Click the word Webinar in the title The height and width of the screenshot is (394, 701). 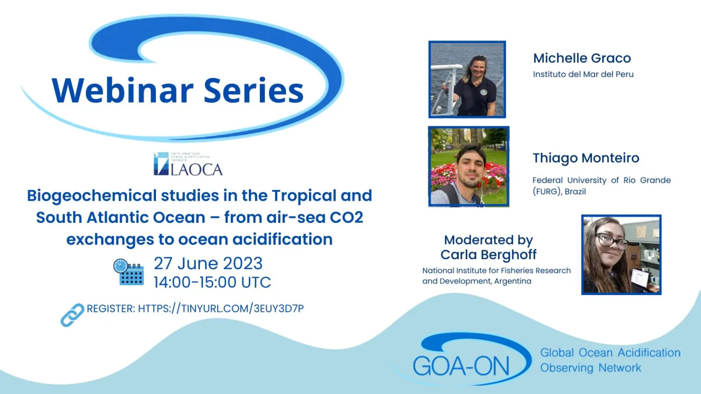[x=123, y=91]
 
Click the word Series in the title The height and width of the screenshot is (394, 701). [x=254, y=91]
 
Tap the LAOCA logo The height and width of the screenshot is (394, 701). [x=188, y=164]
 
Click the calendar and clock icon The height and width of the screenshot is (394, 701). [x=129, y=272]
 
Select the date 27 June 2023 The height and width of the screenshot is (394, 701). [x=208, y=263]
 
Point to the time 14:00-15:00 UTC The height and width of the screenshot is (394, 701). [x=212, y=282]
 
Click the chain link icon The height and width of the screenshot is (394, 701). [x=72, y=315]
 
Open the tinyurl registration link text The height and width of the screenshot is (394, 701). [x=221, y=309]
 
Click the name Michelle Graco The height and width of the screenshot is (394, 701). [x=582, y=58]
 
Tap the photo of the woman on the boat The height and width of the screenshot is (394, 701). [x=467, y=80]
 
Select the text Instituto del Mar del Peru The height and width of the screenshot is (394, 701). [x=583, y=74]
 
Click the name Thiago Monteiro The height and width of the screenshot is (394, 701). [x=586, y=158]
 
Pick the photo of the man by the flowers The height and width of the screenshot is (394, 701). [x=469, y=166]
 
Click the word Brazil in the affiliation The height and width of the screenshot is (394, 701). [x=575, y=192]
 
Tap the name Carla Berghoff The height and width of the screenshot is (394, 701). [x=489, y=255]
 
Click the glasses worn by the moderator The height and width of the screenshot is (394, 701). [x=611, y=241]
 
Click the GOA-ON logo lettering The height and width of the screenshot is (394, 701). [x=461, y=367]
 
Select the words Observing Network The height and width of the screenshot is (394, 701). [x=591, y=368]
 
